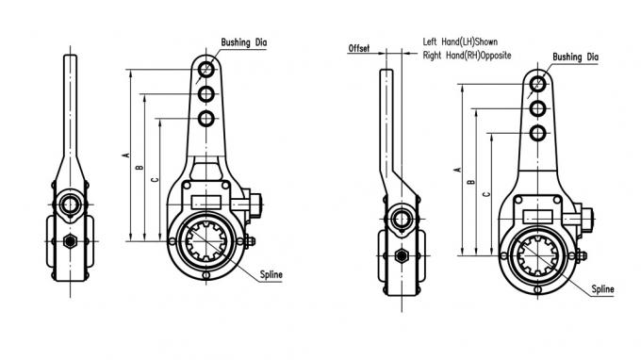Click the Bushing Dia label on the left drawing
coord(245,42)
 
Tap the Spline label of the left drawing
coord(271,274)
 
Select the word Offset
coord(359,47)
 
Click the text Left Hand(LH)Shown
coord(460,42)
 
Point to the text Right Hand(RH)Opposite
coord(467,56)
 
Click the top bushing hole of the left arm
coord(206,69)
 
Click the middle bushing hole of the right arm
coord(537,107)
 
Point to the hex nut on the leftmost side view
coord(71,242)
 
